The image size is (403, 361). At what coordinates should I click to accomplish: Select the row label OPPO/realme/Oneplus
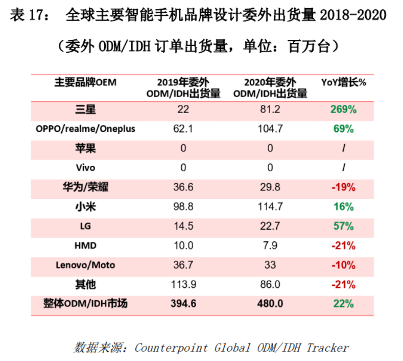pos(85,129)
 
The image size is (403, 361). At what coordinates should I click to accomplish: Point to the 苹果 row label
pos(85,148)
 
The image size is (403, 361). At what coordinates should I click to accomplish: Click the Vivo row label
pos(85,168)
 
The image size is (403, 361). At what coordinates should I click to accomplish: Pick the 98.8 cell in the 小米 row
pos(183,207)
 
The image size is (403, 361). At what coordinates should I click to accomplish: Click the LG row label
pos(85,226)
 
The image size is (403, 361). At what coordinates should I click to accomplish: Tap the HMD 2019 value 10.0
pos(183,245)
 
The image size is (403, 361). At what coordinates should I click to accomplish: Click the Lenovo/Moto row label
pos(85,265)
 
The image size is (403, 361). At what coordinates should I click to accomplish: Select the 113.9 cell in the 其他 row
pos(183,284)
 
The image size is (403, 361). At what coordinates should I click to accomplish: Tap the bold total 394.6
pos(183,304)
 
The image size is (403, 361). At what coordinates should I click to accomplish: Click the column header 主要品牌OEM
pos(85,82)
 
